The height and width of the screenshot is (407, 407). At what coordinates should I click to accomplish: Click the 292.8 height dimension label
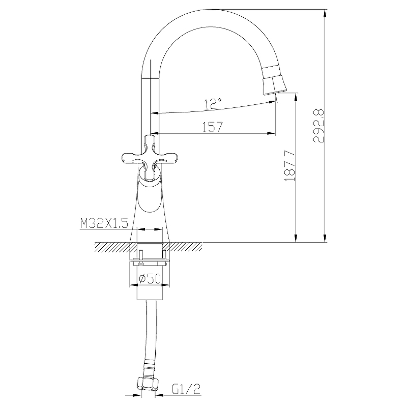point(319,126)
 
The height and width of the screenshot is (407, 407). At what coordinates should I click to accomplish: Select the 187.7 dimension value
point(290,166)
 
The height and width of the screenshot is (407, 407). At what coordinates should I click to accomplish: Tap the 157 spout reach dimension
point(213,127)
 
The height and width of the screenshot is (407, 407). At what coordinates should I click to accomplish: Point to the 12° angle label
point(213,104)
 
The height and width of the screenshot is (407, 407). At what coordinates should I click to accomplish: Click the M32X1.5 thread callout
point(104,223)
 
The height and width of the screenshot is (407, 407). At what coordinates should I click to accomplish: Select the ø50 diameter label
point(150,279)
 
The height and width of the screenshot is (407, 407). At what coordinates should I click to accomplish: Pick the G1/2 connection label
point(186,389)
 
